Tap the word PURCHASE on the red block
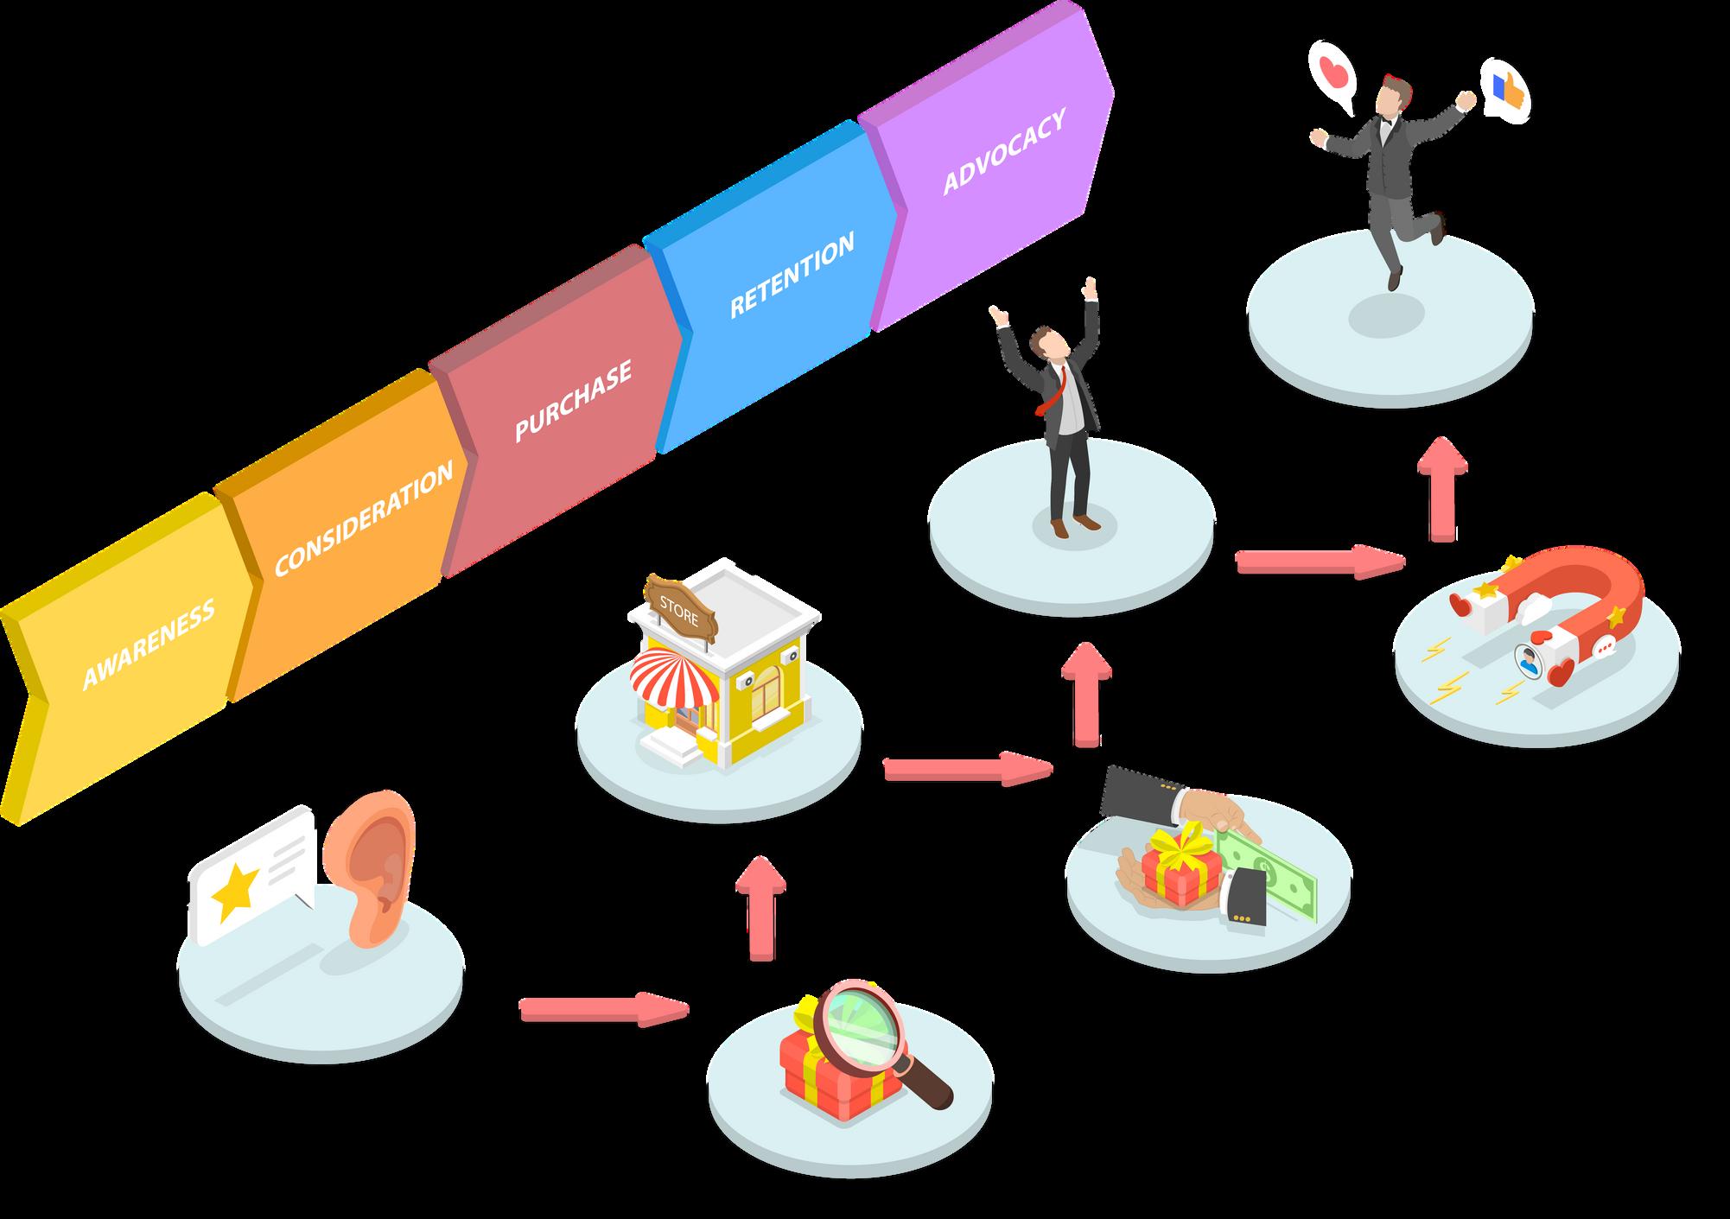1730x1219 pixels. [x=573, y=400]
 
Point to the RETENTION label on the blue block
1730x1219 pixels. [x=792, y=274]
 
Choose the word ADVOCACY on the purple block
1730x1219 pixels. [x=1003, y=150]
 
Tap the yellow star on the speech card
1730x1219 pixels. [x=235, y=891]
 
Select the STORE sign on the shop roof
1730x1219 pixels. [x=679, y=594]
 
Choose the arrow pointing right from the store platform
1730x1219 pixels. [x=967, y=767]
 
